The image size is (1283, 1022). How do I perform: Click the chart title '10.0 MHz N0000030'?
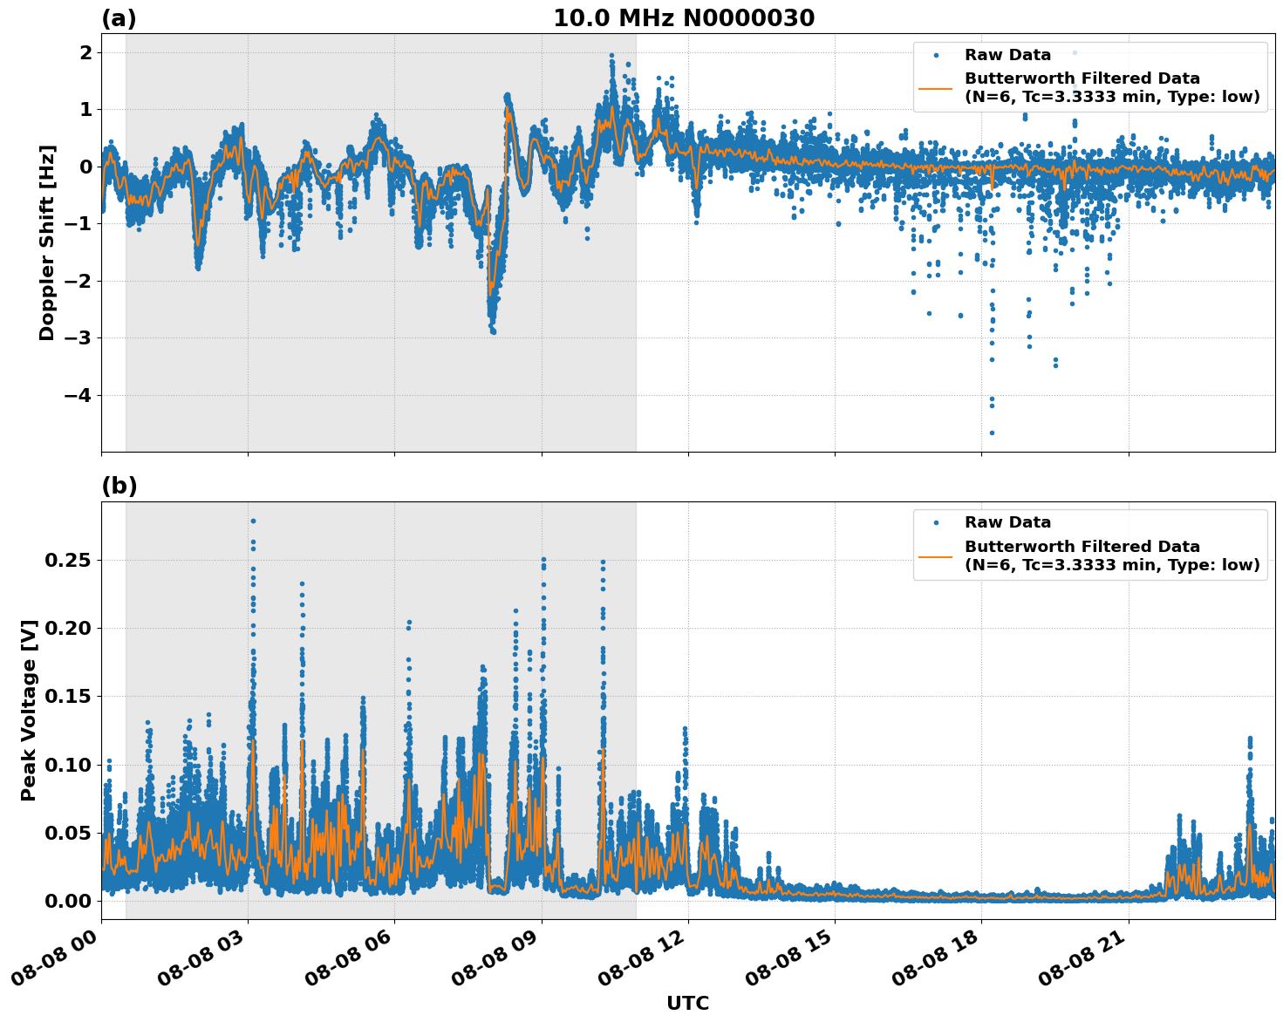point(684,18)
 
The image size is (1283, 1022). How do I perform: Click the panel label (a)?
point(119,18)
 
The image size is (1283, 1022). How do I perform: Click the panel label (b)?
point(119,486)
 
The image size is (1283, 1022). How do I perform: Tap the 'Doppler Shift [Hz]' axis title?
point(47,242)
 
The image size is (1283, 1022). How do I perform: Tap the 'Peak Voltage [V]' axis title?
point(29,711)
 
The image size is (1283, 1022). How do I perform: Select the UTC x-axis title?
point(687,1003)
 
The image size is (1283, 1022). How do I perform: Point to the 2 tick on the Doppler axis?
point(85,53)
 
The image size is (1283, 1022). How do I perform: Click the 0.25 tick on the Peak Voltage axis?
point(67,560)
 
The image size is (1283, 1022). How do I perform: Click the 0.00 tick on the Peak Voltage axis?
point(67,901)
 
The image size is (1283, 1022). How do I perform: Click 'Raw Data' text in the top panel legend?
point(1007,55)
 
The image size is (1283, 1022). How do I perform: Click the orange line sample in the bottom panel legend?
point(936,555)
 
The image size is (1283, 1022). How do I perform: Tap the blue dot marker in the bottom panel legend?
point(936,522)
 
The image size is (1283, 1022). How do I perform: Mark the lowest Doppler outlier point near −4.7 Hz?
point(992,433)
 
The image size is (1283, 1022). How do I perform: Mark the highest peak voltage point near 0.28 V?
point(253,521)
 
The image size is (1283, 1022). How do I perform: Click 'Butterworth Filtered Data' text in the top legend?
point(1082,78)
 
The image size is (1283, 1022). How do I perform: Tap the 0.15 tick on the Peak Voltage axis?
point(67,696)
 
